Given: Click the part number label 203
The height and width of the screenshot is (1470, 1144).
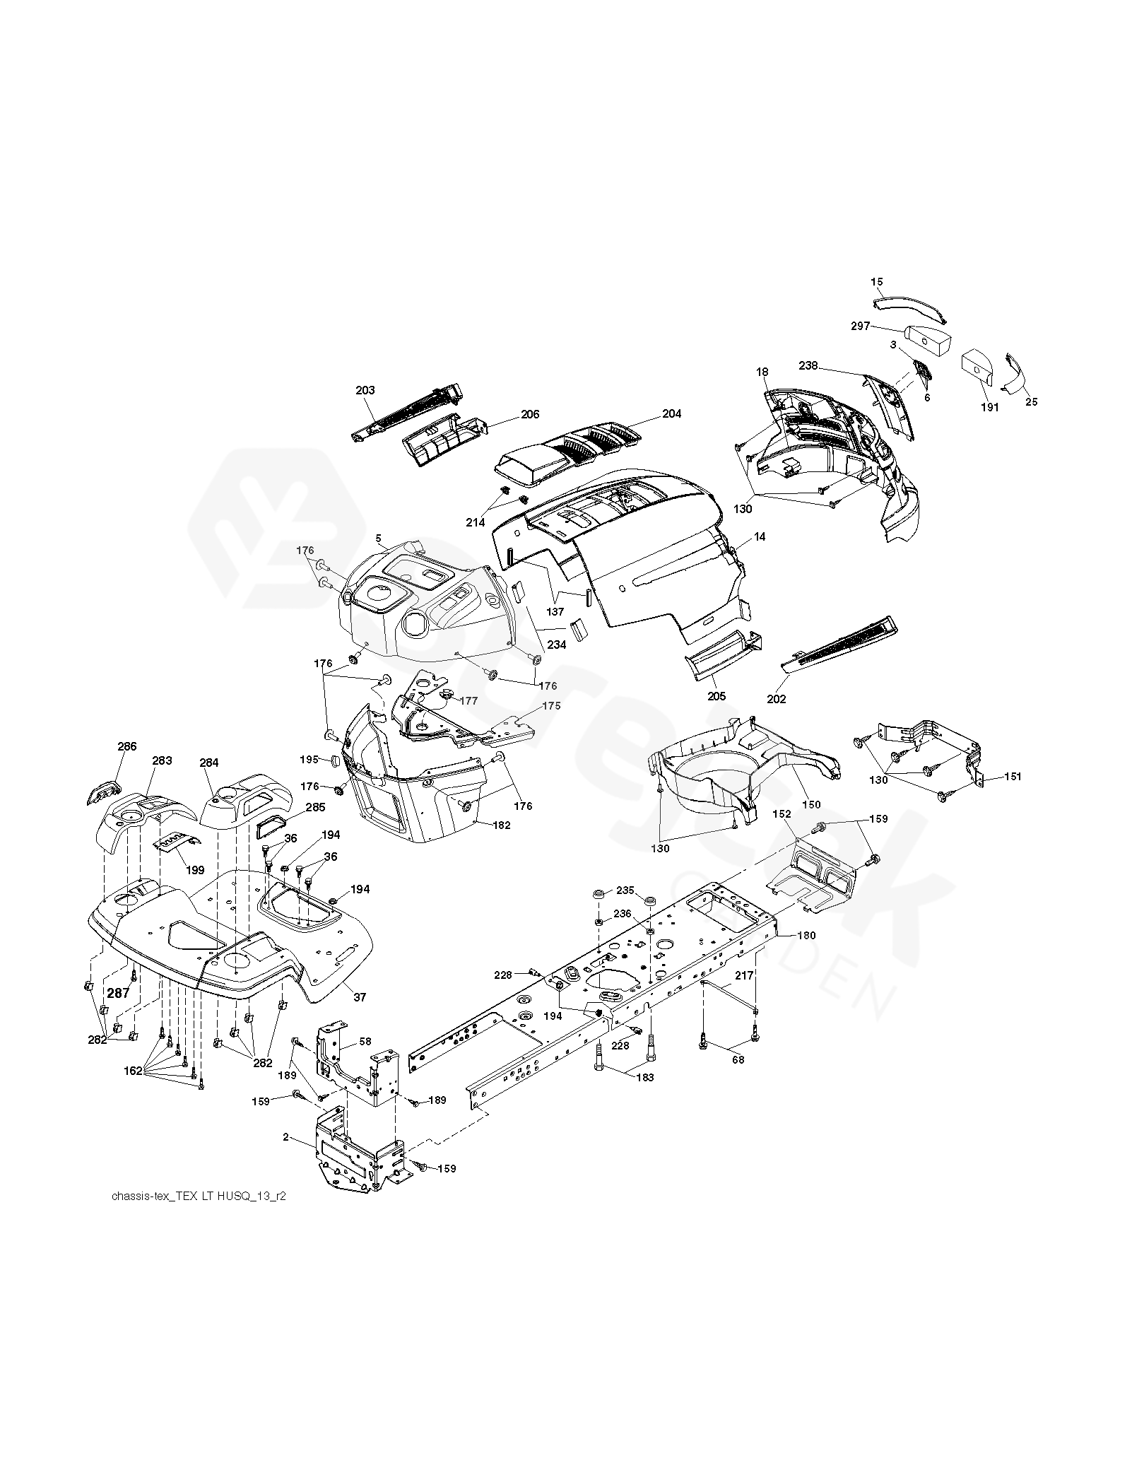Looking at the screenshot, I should (365, 390).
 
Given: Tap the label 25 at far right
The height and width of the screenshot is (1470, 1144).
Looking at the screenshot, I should (1031, 402).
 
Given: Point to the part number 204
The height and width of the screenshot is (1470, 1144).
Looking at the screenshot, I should (671, 413).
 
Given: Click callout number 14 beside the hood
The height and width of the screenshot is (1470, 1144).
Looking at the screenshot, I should (760, 537).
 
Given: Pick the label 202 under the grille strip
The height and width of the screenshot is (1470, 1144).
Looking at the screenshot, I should (775, 699).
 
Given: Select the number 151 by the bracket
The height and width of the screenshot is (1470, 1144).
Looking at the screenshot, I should (1012, 777).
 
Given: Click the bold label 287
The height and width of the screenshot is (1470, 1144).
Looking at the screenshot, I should (118, 993).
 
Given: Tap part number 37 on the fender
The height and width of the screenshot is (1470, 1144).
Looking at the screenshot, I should (360, 997).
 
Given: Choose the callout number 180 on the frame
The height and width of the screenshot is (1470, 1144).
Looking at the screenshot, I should (806, 935).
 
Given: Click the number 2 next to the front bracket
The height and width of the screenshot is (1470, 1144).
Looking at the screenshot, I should (285, 1137).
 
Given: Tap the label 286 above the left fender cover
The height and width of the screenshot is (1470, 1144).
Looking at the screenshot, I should (127, 746).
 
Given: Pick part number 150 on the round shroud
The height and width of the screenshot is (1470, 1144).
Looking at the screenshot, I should (811, 804).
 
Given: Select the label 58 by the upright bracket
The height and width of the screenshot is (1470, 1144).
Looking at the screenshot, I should (365, 1042).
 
